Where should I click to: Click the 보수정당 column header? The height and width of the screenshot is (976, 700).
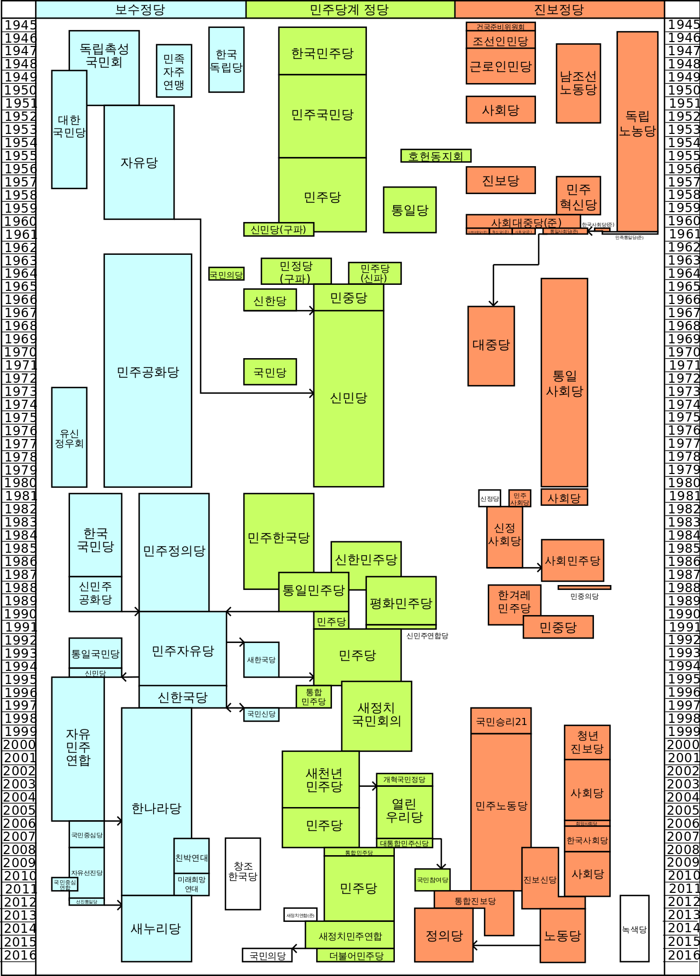[x=141, y=9]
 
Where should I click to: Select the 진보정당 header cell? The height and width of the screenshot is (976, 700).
[x=559, y=9]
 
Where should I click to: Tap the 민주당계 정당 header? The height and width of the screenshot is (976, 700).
[x=350, y=9]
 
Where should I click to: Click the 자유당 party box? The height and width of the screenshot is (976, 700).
[x=139, y=162]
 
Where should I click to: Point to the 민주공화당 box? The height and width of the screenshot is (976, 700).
[x=148, y=372]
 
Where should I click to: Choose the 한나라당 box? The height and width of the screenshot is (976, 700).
[x=156, y=808]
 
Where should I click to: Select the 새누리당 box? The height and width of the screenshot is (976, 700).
[x=156, y=928]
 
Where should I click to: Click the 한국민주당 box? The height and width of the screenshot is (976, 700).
[x=323, y=53]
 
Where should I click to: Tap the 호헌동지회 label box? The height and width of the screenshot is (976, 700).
[x=436, y=156]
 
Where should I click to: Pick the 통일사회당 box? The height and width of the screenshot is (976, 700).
[x=564, y=383]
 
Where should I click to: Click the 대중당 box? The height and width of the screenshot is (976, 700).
[x=491, y=345]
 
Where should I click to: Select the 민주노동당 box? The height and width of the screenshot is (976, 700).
[x=501, y=806]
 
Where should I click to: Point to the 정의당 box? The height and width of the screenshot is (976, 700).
[x=444, y=936]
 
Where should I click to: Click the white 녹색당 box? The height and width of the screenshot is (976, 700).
[x=634, y=929]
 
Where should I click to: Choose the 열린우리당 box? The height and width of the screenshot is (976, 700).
[x=405, y=810]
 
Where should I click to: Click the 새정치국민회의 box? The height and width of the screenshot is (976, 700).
[x=376, y=715]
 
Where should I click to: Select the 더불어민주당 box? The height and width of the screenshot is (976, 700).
[x=356, y=956]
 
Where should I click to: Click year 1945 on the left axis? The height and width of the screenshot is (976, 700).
[x=20, y=25]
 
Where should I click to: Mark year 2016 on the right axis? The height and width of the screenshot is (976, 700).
[x=682, y=955]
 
